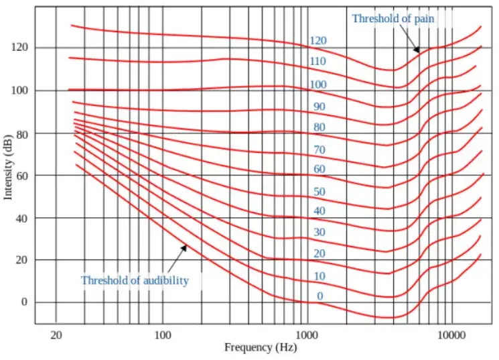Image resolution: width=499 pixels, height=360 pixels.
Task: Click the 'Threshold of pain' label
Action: (x=393, y=19)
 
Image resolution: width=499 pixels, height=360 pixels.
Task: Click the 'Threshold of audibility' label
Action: (x=135, y=280)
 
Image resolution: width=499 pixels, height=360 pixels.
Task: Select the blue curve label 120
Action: (x=318, y=42)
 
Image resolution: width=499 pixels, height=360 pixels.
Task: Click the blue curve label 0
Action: (x=319, y=296)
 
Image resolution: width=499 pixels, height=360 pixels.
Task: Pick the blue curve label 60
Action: (x=319, y=169)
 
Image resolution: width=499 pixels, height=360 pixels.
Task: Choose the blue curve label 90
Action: (x=319, y=107)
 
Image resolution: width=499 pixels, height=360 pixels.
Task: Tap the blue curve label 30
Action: (x=319, y=232)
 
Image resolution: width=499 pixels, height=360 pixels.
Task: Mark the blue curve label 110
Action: (x=318, y=62)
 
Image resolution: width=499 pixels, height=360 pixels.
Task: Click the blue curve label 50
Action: (x=319, y=192)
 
